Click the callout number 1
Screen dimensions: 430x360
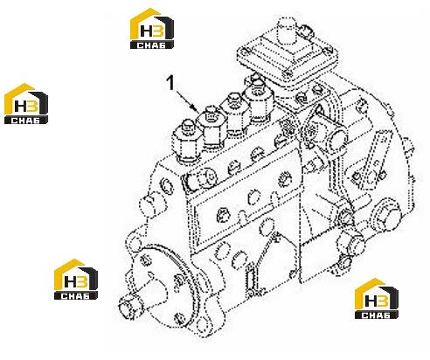pyautogui.click(x=170, y=82)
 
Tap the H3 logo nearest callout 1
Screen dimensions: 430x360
pyautogui.click(x=152, y=28)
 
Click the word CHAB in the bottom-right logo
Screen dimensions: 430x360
pyautogui.click(x=376, y=315)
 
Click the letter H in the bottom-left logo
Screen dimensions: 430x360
pyautogui.click(x=70, y=281)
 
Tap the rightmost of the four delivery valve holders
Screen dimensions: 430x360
pyautogui.click(x=259, y=100)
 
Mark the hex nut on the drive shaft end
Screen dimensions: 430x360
pyautogui.click(x=129, y=308)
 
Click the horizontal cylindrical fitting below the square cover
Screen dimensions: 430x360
pyautogui.click(x=326, y=132)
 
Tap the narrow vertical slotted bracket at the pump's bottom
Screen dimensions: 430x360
pyautogui.click(x=251, y=279)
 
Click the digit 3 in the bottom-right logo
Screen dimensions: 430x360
pyautogui.click(x=383, y=301)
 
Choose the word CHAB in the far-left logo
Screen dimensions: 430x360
pyautogui.click(x=25, y=121)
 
